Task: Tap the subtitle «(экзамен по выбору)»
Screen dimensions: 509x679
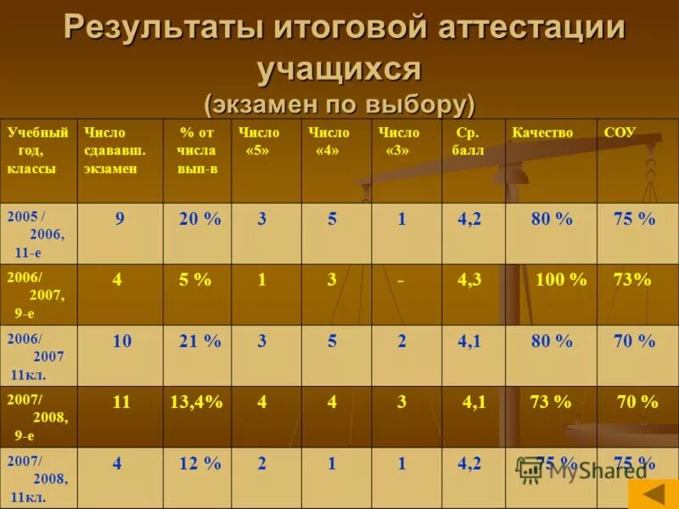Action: tap(339, 103)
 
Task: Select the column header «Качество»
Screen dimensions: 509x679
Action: tap(542, 133)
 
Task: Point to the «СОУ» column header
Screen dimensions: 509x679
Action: tap(620, 133)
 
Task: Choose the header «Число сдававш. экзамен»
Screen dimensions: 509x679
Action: tap(115, 150)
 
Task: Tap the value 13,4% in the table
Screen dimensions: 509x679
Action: tap(196, 403)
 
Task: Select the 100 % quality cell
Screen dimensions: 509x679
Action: tap(561, 280)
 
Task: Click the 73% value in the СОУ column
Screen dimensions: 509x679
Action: tap(632, 280)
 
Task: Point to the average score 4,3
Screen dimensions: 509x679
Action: tap(469, 280)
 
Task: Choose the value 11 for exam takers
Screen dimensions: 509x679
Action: tap(121, 403)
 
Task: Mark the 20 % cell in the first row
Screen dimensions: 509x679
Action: tap(200, 219)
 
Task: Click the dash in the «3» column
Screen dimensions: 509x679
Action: tap(401, 280)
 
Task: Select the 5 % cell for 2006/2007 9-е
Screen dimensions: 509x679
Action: tap(195, 280)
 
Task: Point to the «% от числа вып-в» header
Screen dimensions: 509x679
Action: tap(196, 150)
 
